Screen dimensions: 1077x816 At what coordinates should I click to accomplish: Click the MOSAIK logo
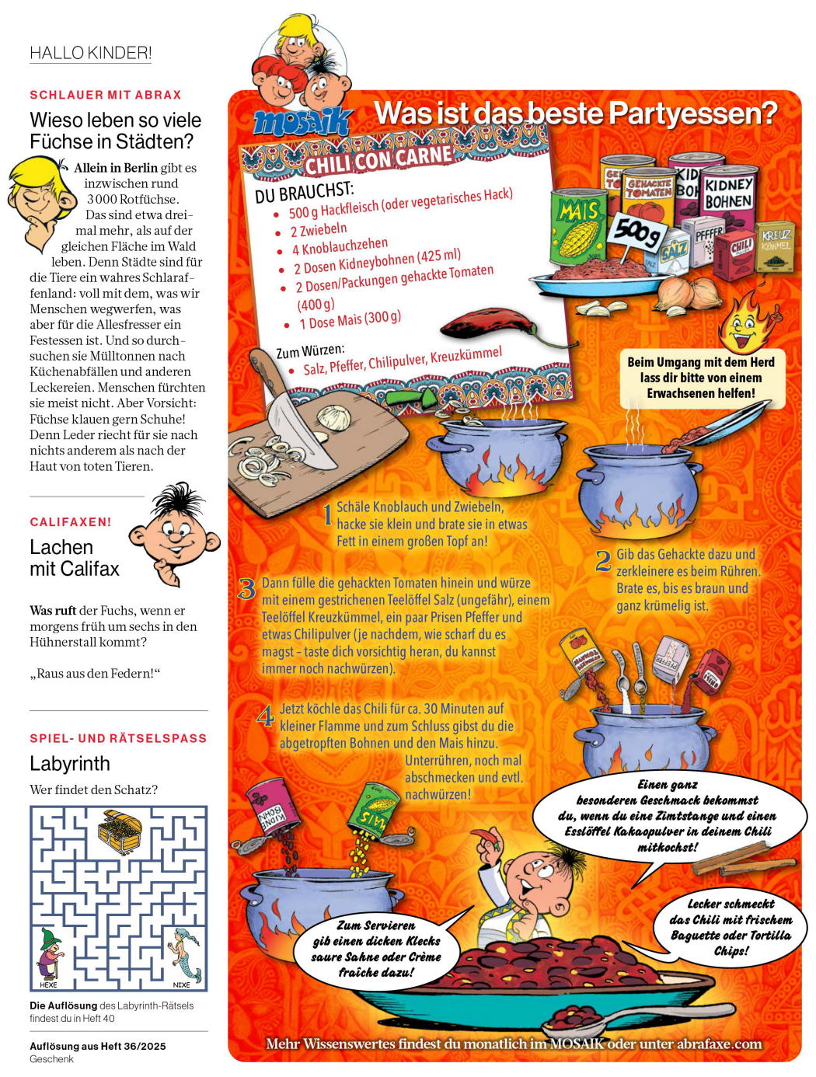[302, 123]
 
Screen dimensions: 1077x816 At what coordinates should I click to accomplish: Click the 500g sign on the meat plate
[636, 231]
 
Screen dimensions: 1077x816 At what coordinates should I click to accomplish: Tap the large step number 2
[603, 561]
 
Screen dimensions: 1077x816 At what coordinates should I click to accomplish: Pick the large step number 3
[247, 589]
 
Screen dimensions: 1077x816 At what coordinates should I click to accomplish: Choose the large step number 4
[266, 715]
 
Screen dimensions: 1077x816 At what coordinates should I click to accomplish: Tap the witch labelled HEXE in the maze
[50, 953]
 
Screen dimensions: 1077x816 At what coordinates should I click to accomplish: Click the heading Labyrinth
[70, 763]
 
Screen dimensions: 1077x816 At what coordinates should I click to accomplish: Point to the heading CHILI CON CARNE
[378, 159]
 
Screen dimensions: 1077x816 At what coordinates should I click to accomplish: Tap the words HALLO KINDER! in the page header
[90, 53]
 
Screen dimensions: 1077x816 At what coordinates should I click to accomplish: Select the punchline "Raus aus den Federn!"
[95, 673]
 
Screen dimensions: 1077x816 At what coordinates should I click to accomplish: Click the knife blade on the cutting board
[299, 436]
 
